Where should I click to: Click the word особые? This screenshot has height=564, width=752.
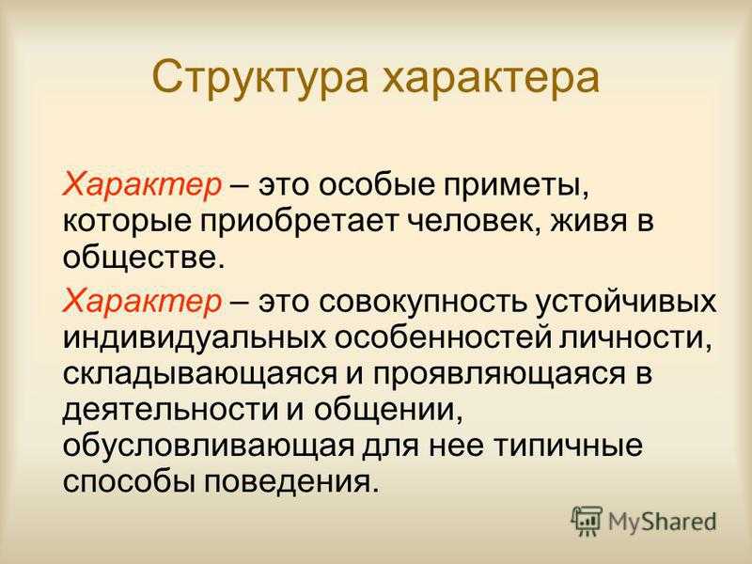[x=374, y=184]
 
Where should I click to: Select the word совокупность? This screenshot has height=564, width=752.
[x=422, y=302]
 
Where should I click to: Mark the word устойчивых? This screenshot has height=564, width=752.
[x=625, y=302]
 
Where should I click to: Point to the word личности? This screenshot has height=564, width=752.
[x=633, y=339]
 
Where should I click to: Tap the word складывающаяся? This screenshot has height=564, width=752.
[x=199, y=375]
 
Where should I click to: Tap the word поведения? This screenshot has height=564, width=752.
[x=288, y=482]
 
